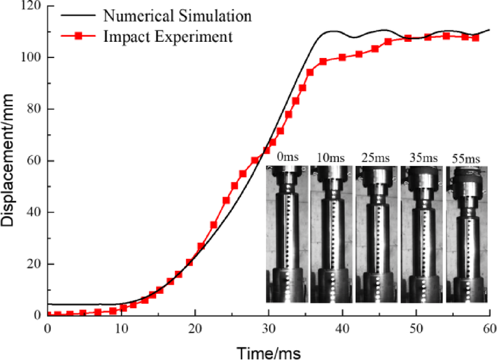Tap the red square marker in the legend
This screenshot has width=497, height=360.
coord(79,37)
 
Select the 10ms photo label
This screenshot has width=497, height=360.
coord(332,158)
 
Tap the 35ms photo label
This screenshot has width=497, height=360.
coord(420,158)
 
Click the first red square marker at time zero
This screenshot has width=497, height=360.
coord(49,314)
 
